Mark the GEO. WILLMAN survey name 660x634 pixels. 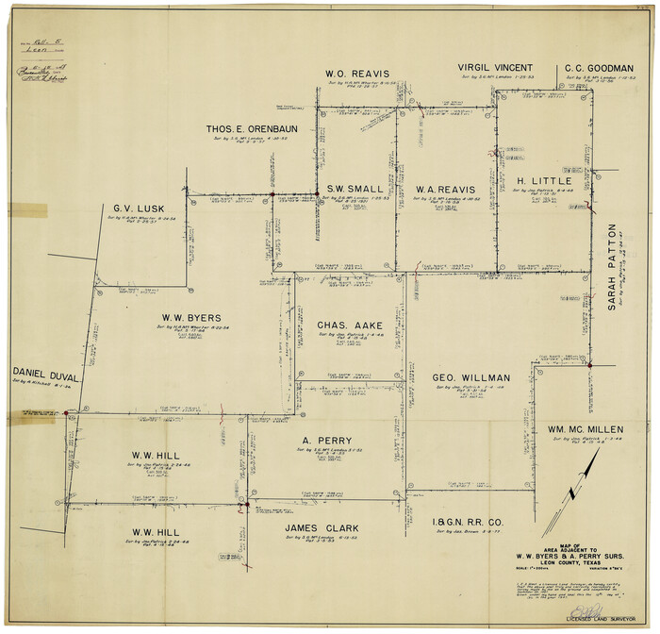(468, 377)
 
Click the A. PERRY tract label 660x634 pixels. (327, 441)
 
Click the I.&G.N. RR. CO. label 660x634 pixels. (467, 522)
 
